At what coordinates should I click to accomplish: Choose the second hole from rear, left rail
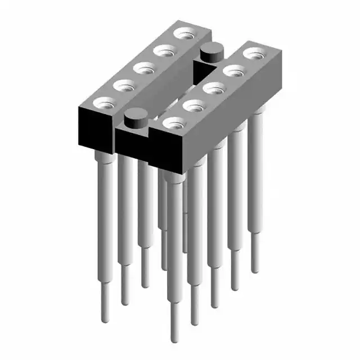pos(164,52)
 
